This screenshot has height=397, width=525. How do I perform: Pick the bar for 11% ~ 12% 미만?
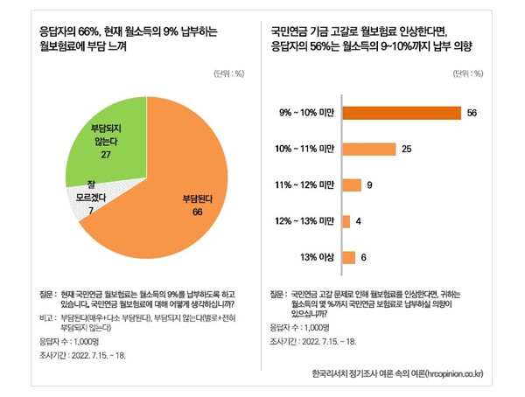pos(351,185)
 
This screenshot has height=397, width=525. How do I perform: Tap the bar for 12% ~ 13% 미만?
pos(345,221)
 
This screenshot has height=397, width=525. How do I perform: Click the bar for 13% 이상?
pos(347,257)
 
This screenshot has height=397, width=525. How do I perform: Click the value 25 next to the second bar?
pos(407,150)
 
